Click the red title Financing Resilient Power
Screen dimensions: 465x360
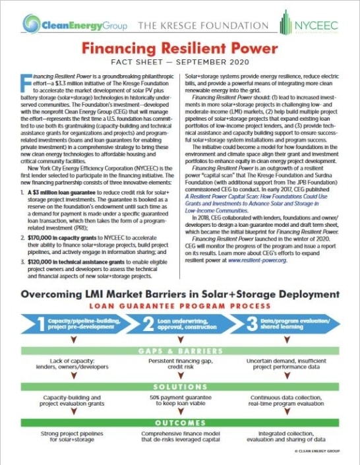click(180, 51)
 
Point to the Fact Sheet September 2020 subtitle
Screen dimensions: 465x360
click(180, 65)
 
